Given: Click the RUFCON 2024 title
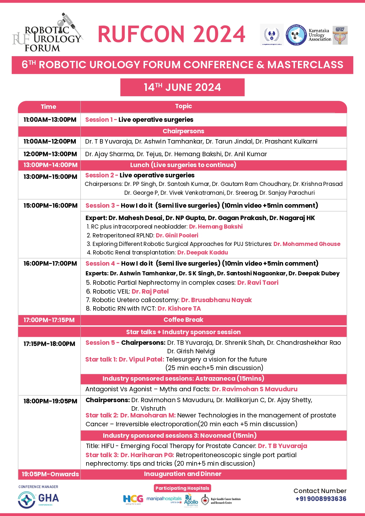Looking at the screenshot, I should (x=171, y=34).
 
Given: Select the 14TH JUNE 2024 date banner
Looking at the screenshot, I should (x=182, y=87).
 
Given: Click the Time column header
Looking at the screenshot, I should (x=49, y=107).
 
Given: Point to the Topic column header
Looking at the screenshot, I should (x=184, y=106).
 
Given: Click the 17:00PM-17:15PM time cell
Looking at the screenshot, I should (x=49, y=320).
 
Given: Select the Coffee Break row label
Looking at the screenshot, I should (x=184, y=320).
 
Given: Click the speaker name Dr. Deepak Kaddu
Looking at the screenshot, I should (x=203, y=252).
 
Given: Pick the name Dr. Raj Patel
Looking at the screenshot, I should (x=150, y=292).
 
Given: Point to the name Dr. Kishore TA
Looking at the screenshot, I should (x=179, y=309).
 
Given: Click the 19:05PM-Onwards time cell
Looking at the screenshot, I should (x=50, y=474).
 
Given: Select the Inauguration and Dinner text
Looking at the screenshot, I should (x=183, y=474).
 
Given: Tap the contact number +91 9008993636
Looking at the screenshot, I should (x=321, y=499).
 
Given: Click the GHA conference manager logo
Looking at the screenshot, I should (x=39, y=500).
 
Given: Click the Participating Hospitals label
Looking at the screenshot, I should (x=182, y=488).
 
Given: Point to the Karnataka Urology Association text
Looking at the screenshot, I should (x=320, y=35).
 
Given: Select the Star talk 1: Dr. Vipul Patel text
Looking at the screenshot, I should (x=125, y=359).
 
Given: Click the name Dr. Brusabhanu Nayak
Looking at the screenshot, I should (x=216, y=300).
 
